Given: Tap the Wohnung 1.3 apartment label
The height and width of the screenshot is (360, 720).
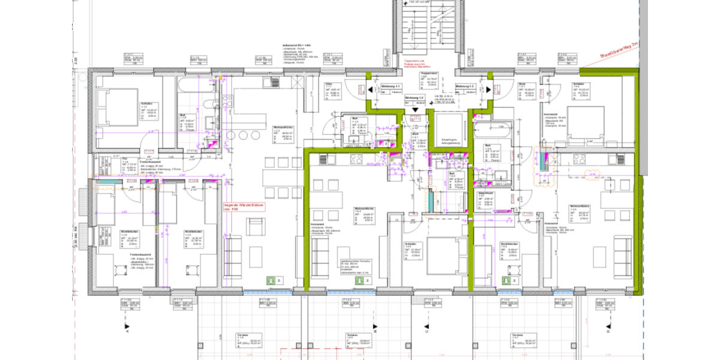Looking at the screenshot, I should [x=466, y=86].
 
